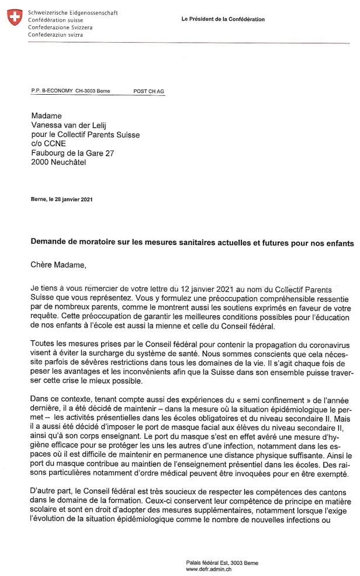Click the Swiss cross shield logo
pos(15,18)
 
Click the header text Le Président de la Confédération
pos(223,19)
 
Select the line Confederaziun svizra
pos(55,35)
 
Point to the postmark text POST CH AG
pos(149,91)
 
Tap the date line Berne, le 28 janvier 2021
pos(61,199)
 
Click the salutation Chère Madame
pos(58,265)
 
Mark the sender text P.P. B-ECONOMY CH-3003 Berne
pos(70,91)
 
